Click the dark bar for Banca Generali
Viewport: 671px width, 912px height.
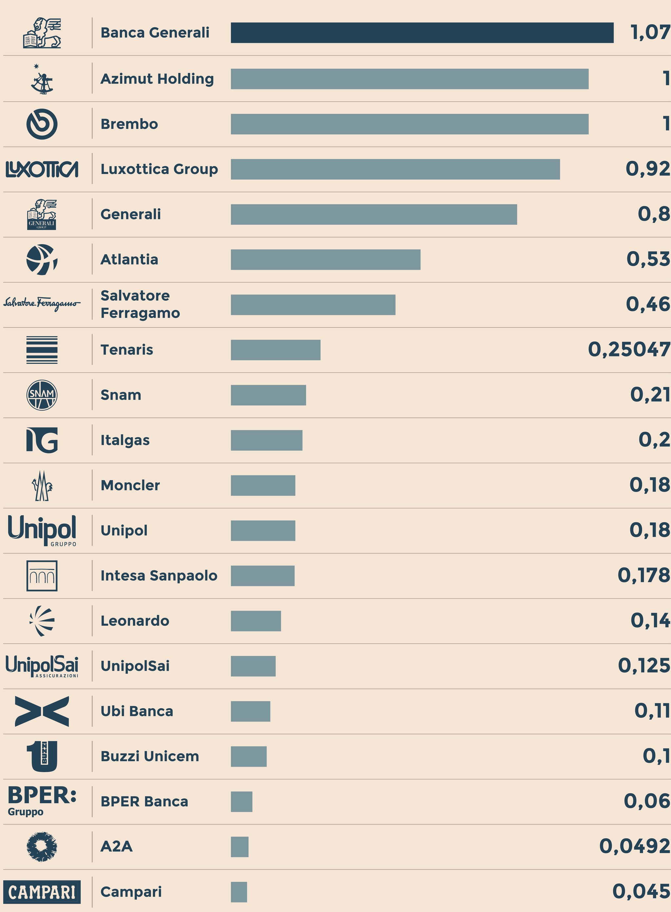click(x=422, y=32)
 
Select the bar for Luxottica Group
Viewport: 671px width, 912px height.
click(x=395, y=169)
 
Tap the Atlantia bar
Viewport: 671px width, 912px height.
click(x=325, y=259)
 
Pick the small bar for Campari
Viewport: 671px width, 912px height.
click(x=239, y=892)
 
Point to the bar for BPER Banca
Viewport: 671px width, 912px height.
click(x=241, y=801)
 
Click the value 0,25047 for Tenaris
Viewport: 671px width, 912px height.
click(x=629, y=350)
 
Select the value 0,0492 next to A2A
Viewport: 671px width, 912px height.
click(x=634, y=846)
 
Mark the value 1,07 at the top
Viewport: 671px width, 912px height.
click(x=650, y=32)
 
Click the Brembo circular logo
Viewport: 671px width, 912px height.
click(x=42, y=124)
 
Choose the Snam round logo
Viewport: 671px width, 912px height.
click(x=42, y=395)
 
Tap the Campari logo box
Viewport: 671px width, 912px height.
click(x=42, y=892)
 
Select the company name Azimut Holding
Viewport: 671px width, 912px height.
click(x=157, y=79)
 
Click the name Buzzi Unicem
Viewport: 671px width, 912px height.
click(x=150, y=756)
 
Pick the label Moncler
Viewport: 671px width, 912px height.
click(x=130, y=485)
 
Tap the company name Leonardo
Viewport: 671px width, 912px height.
click(x=134, y=621)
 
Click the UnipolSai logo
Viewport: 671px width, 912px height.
click(x=42, y=666)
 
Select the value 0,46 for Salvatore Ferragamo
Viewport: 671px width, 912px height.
click(x=647, y=304)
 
